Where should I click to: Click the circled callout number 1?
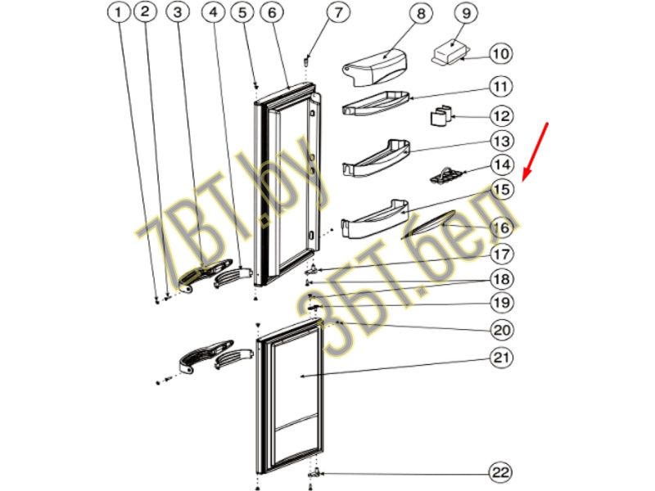tap(119, 12)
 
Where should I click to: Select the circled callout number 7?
tap(337, 12)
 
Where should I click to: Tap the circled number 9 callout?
tap(465, 13)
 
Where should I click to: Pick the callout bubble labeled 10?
tap(501, 53)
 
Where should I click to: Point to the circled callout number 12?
tap(501, 116)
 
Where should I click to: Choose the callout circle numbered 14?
tap(502, 165)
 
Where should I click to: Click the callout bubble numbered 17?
tap(502, 255)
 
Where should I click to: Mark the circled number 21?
tap(502, 358)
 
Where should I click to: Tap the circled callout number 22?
tap(501, 473)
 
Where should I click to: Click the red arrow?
tap(535, 152)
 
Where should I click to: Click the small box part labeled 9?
tap(451, 52)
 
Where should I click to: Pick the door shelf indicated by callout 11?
tap(376, 103)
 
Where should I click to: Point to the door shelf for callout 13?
tap(376, 158)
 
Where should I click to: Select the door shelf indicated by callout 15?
tap(375, 219)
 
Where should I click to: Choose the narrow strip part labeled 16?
tap(427, 225)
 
